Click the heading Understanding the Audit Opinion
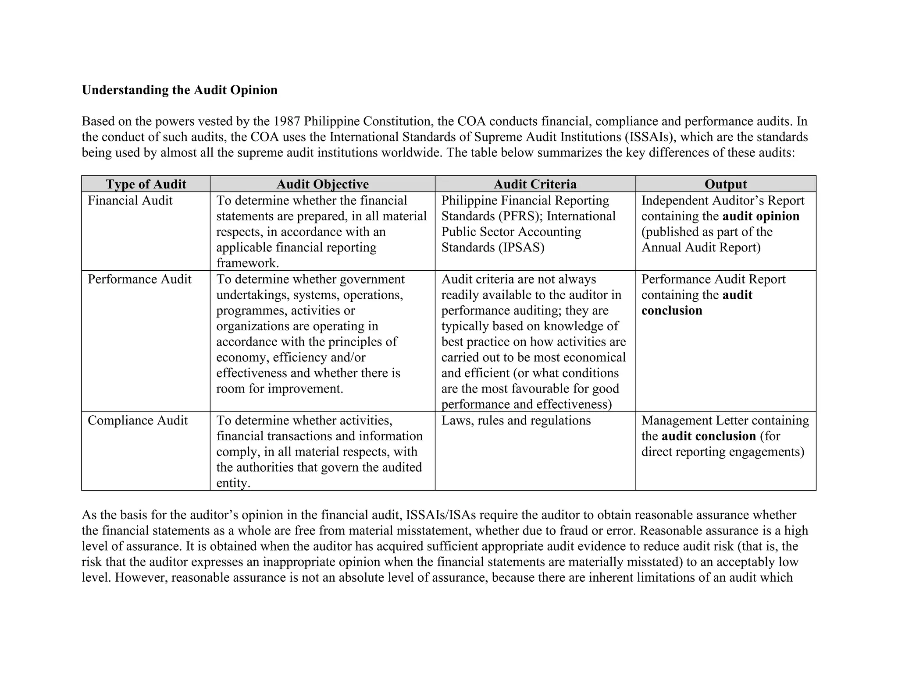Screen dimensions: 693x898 coord(179,90)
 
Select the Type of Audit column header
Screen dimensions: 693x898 coord(146,184)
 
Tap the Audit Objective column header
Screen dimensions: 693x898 coord(322,184)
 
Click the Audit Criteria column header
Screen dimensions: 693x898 coord(535,184)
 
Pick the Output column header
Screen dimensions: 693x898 coord(725,184)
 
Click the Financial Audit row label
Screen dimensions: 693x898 coord(130,201)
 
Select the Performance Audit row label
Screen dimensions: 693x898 coord(139,279)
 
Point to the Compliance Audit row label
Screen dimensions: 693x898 coord(137,421)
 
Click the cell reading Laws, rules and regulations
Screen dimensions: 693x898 coord(516,421)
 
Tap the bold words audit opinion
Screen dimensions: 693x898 coord(761,216)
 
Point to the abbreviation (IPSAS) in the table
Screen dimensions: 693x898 coord(521,248)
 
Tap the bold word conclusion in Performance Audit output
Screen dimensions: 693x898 coord(671,311)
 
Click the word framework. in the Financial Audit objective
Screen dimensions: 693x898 coord(248,263)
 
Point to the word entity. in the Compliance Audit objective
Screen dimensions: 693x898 coord(233,483)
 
